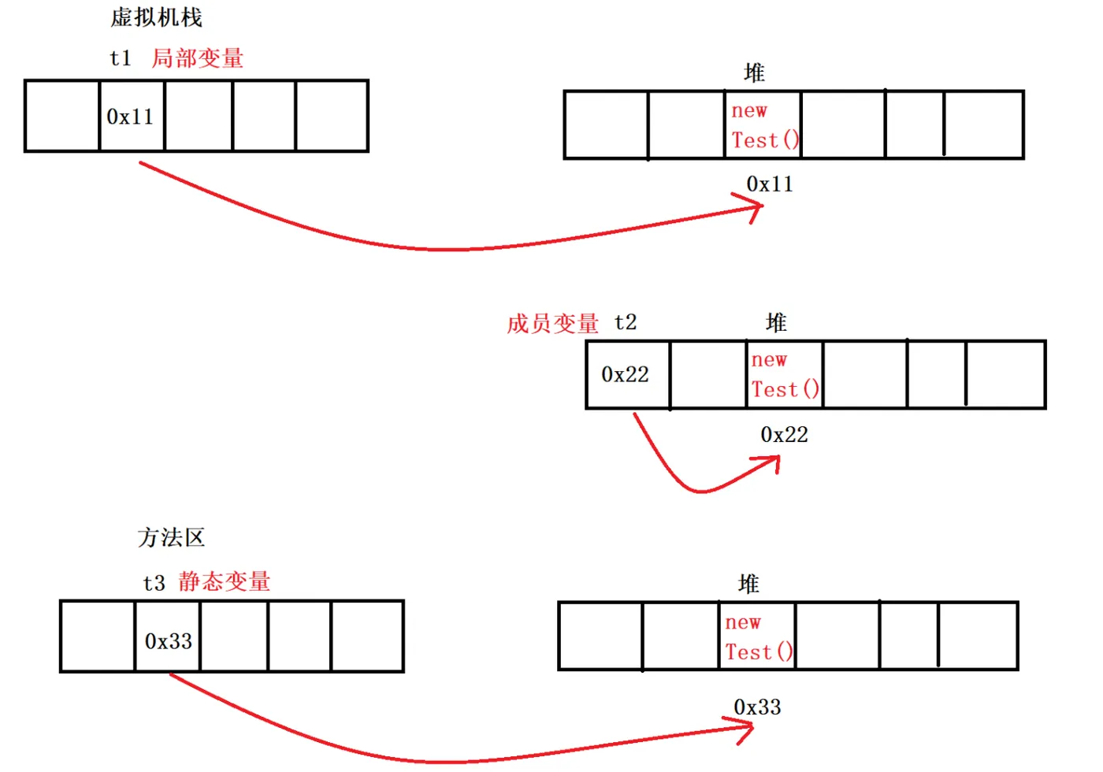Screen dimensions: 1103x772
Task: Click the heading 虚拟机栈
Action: click(156, 17)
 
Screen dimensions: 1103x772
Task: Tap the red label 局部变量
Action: click(197, 58)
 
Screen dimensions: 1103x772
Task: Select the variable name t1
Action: click(121, 58)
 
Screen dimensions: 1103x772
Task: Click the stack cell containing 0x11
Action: click(131, 117)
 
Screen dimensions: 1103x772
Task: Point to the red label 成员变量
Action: click(552, 323)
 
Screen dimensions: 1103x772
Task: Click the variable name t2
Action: click(626, 322)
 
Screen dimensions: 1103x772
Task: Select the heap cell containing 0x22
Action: click(626, 374)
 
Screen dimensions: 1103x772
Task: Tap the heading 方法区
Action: click(171, 537)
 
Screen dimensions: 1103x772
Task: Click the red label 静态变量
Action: click(225, 581)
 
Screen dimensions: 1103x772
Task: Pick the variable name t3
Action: click(154, 583)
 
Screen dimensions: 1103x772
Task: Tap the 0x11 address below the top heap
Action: click(770, 184)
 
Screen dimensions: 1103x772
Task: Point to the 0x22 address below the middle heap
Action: click(784, 435)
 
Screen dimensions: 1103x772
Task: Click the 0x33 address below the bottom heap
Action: click(757, 707)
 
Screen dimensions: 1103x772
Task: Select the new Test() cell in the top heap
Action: click(763, 125)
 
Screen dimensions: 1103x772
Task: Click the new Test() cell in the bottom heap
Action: click(757, 637)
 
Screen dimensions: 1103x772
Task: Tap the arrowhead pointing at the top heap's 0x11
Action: click(759, 207)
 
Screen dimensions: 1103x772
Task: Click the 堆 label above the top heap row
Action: click(754, 73)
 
